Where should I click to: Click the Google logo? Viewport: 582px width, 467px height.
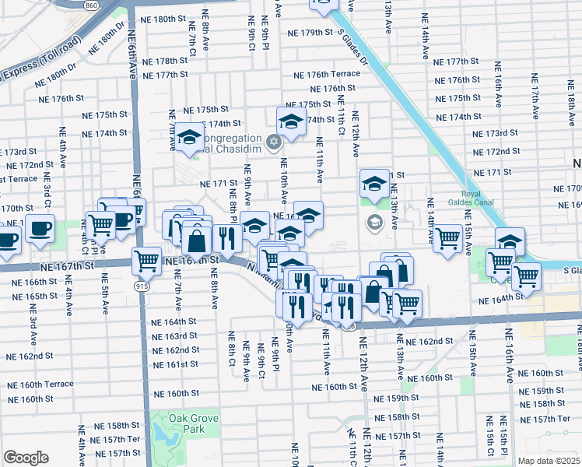click(x=26, y=458)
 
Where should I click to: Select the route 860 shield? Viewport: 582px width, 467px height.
click(x=92, y=5)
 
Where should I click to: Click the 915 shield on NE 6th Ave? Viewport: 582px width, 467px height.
click(x=139, y=287)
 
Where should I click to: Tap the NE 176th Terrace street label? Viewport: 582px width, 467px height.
click(x=327, y=74)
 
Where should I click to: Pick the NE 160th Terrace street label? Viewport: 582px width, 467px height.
click(x=37, y=384)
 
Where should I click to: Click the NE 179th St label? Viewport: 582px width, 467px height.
click(x=310, y=33)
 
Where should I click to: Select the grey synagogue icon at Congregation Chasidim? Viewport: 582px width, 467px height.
click(x=272, y=142)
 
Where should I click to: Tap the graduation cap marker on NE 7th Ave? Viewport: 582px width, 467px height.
click(x=188, y=139)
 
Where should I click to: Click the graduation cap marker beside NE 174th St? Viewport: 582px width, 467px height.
click(x=291, y=122)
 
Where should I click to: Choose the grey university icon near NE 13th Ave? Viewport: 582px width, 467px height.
click(x=373, y=222)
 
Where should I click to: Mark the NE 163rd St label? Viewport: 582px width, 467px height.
click(x=175, y=335)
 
